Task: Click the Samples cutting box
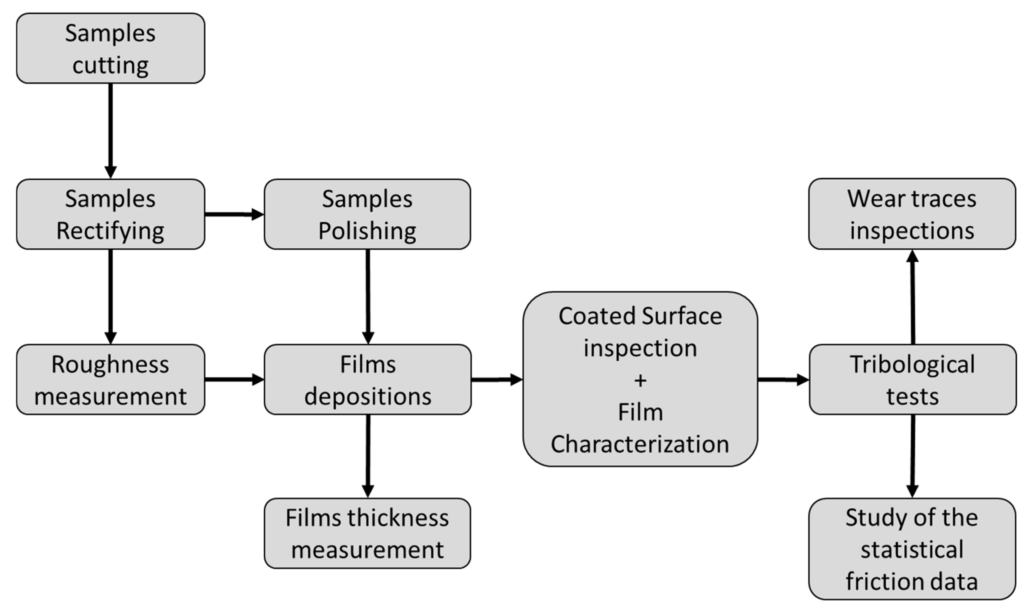[110, 48]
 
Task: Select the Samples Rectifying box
[110, 214]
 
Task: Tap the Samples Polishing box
[367, 214]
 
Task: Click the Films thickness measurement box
[367, 533]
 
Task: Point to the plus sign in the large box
[640, 380]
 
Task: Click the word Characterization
[640, 444]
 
